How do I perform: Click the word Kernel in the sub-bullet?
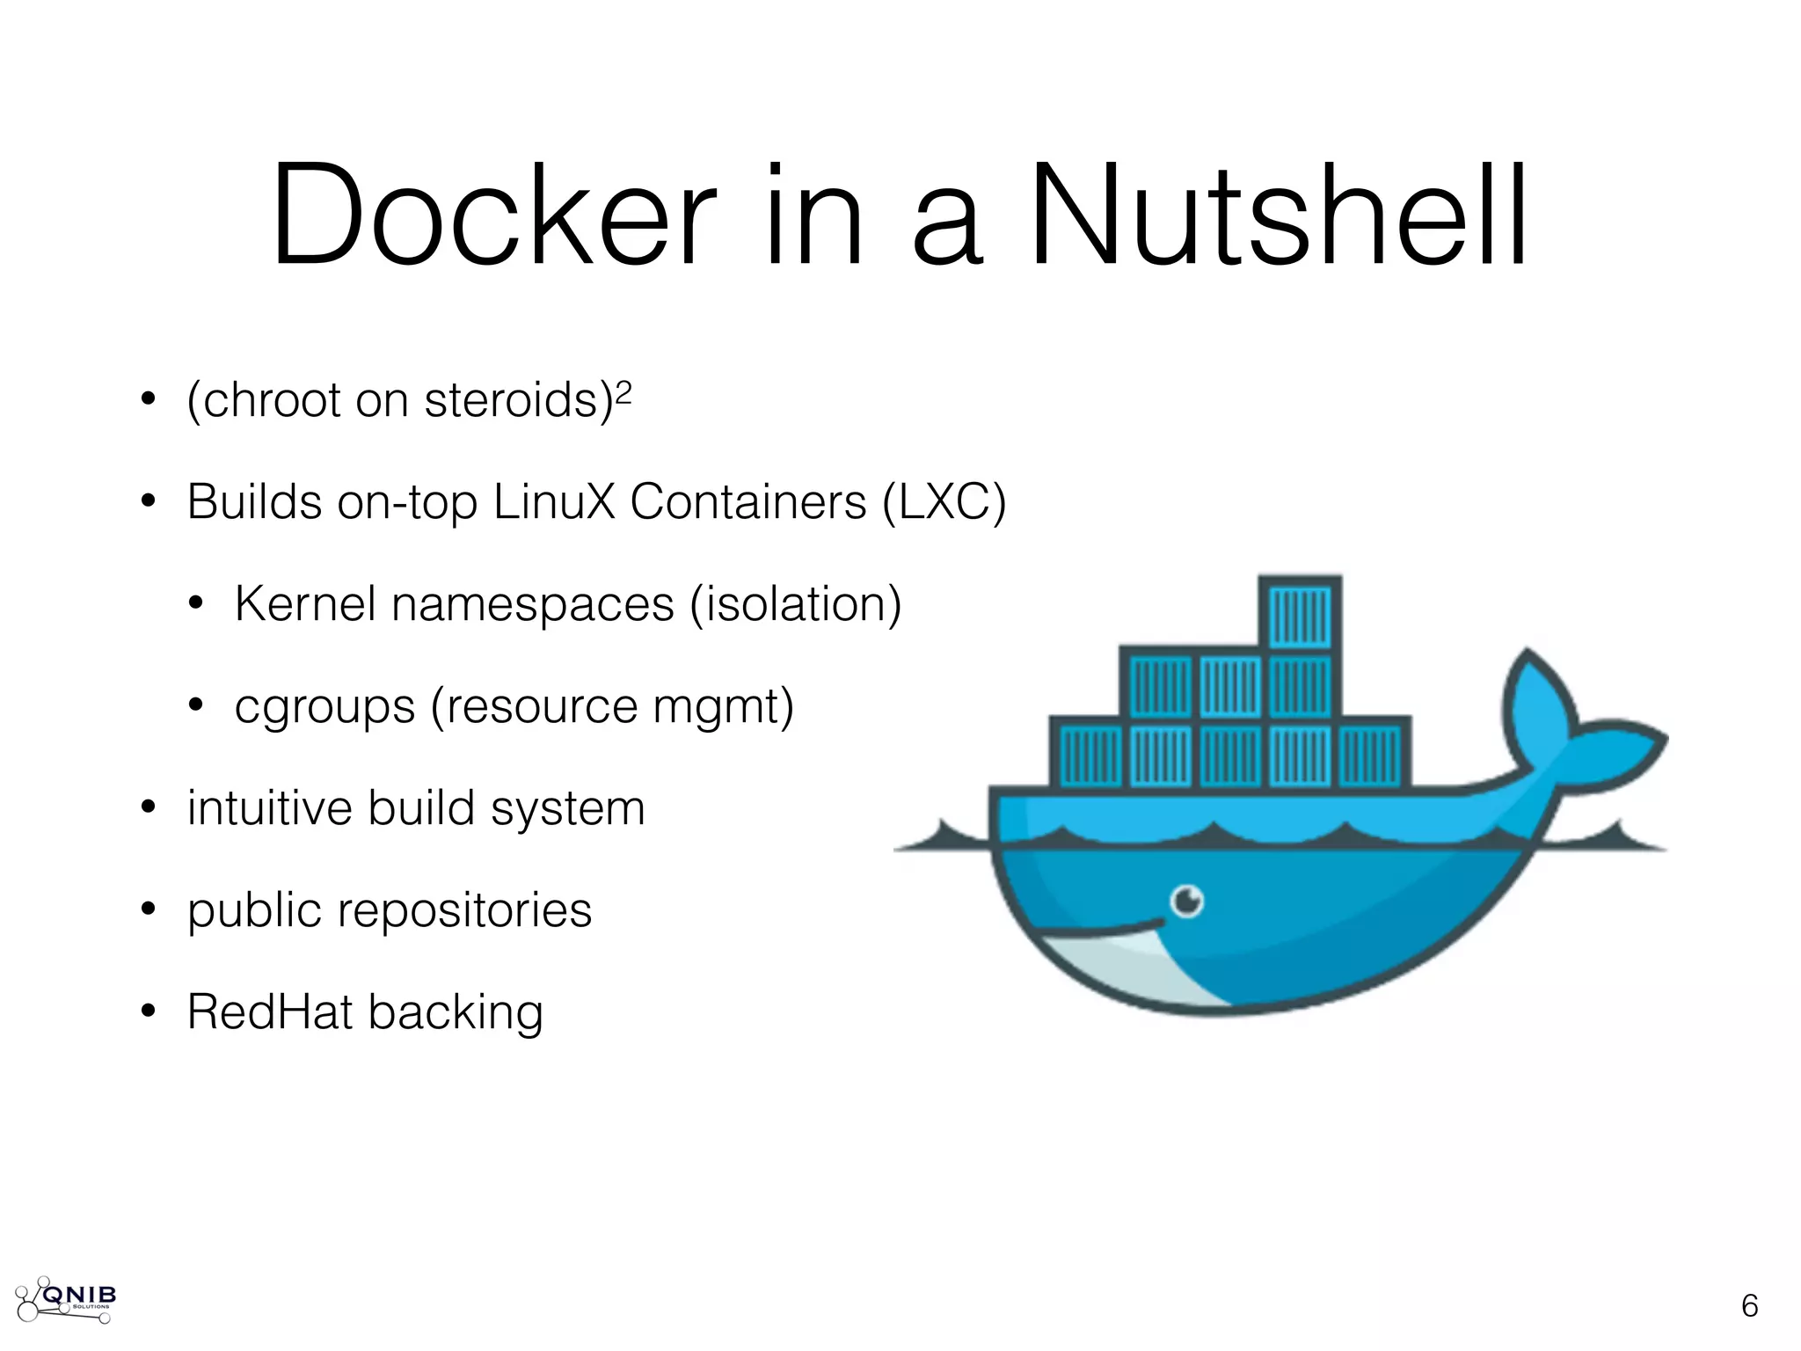(x=305, y=604)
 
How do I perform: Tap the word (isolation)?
(x=795, y=604)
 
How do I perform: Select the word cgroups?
(x=324, y=707)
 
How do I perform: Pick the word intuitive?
(x=269, y=808)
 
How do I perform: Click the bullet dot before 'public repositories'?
(x=148, y=909)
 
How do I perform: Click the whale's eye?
(x=1187, y=901)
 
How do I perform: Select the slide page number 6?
(x=1749, y=1306)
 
